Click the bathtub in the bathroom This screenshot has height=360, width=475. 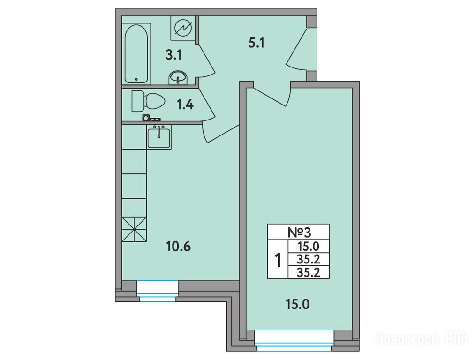point(136,53)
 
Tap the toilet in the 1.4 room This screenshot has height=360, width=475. point(148,101)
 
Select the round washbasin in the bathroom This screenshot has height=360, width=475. point(178,78)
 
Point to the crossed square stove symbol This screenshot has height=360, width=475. point(134,230)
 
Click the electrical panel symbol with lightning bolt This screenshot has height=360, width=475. point(183,28)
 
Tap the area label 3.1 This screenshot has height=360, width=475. point(173,55)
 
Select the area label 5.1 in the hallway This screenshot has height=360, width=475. point(256,43)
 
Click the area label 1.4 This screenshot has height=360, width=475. point(185,105)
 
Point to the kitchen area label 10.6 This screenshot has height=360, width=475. point(179,247)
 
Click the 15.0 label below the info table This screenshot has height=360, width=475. point(297,304)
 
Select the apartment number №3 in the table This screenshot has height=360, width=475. point(299,232)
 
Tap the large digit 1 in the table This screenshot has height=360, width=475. point(278,260)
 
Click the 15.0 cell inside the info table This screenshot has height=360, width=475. point(309,247)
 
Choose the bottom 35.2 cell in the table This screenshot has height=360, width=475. point(309,273)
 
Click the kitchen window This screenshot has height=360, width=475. point(158,291)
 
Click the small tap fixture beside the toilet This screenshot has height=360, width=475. point(151,119)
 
